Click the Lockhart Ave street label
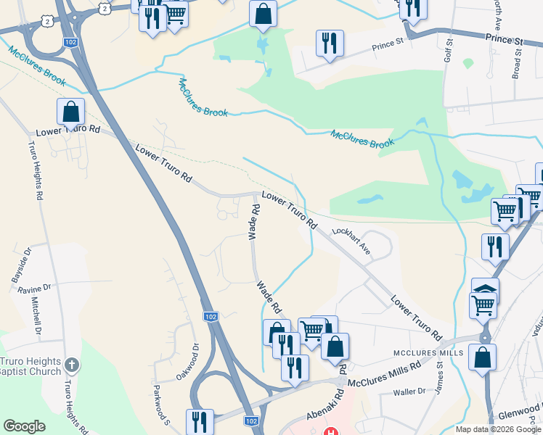(x=351, y=241)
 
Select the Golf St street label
(x=449, y=54)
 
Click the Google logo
(x=24, y=426)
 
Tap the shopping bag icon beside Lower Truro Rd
(x=70, y=112)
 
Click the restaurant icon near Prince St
(x=330, y=43)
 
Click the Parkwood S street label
(x=161, y=406)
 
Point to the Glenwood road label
(x=518, y=412)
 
